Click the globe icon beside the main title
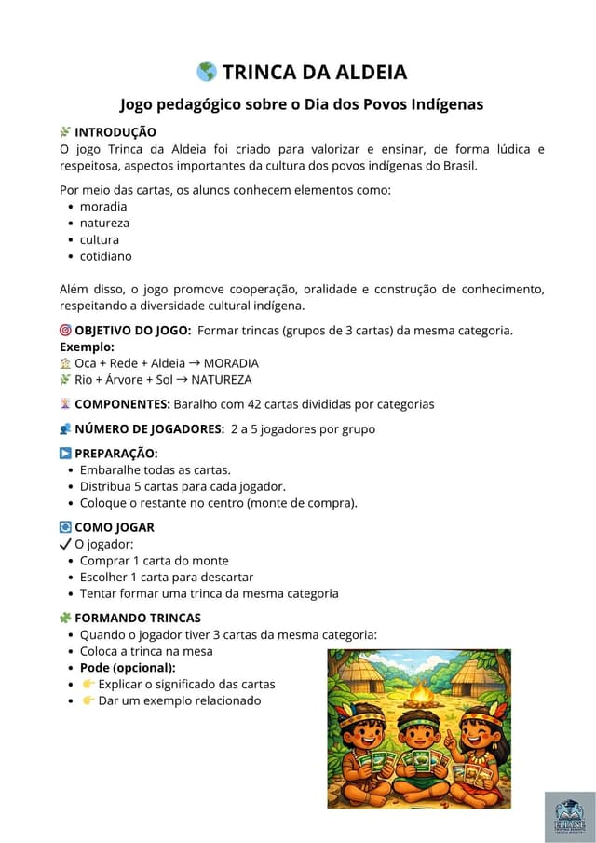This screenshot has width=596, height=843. pos(207,72)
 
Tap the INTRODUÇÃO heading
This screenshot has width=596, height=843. pos(115,132)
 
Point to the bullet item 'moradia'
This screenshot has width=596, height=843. pos(103,206)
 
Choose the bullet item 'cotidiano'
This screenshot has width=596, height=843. pos(105,256)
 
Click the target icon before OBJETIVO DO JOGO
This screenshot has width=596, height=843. pos(65,330)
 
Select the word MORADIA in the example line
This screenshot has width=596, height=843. pos(231,363)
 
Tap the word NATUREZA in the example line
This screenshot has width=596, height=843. pos(222,380)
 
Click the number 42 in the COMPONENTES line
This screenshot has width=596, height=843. pos(257,404)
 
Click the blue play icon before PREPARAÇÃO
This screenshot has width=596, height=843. pos(65,454)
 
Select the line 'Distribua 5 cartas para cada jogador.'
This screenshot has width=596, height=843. pos(183,486)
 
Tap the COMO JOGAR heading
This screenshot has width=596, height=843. pos(114,527)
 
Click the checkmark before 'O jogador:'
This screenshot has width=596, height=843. pos(65,544)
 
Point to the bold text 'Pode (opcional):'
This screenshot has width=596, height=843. pos(128,667)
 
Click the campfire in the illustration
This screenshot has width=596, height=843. pos(422,693)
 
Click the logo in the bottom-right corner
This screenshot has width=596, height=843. pos(570,817)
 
